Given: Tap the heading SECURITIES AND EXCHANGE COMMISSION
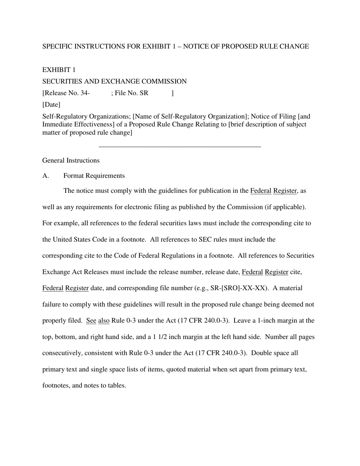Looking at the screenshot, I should tap(114, 82).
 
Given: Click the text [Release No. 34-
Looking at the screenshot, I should tap(66, 93).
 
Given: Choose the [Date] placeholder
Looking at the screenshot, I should tap(51, 105).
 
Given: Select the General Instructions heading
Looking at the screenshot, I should tap(71, 161).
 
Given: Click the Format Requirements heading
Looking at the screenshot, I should tap(94, 176).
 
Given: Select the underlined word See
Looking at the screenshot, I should tap(91, 321).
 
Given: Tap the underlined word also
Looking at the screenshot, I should tap(104, 321).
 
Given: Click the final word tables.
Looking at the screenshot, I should tap(117, 386).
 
